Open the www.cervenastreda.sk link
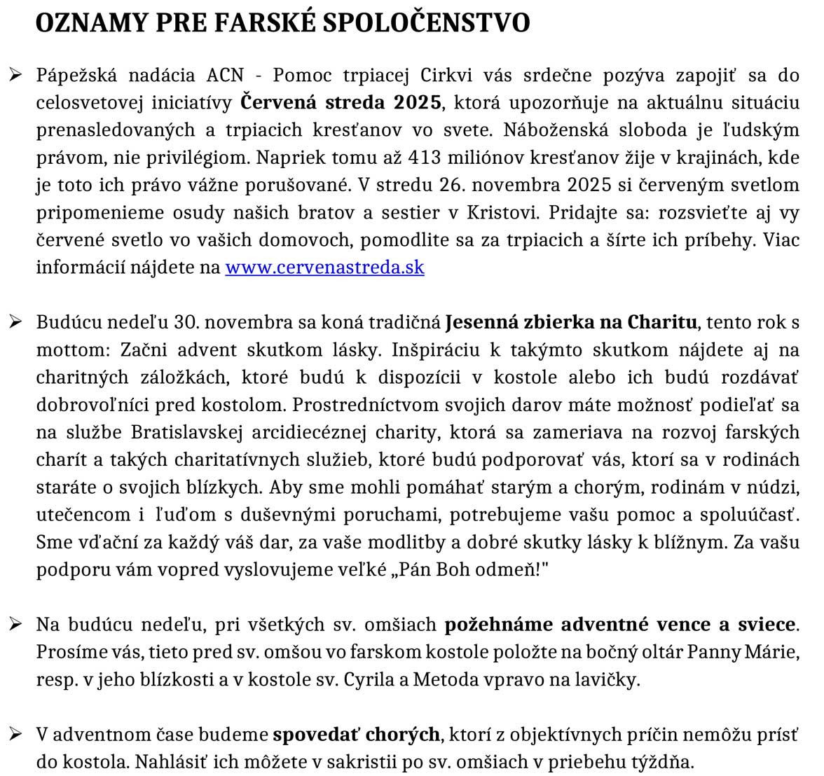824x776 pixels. [324, 268]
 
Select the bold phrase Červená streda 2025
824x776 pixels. [341, 103]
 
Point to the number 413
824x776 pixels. [424, 158]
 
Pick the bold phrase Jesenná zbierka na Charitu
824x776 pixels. [571, 322]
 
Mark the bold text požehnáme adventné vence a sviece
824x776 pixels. [620, 624]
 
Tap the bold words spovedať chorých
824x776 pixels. [356, 735]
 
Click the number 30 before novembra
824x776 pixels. [184, 322]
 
